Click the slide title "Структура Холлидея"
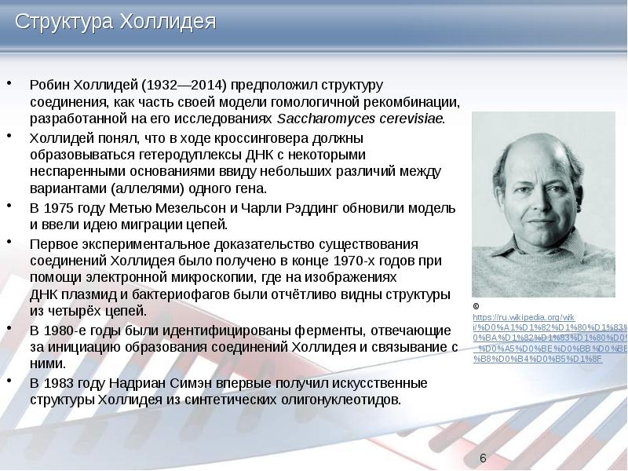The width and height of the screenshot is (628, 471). (x=116, y=22)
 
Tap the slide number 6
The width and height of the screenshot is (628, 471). (x=483, y=458)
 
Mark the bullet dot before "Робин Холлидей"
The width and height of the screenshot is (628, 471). (x=9, y=82)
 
